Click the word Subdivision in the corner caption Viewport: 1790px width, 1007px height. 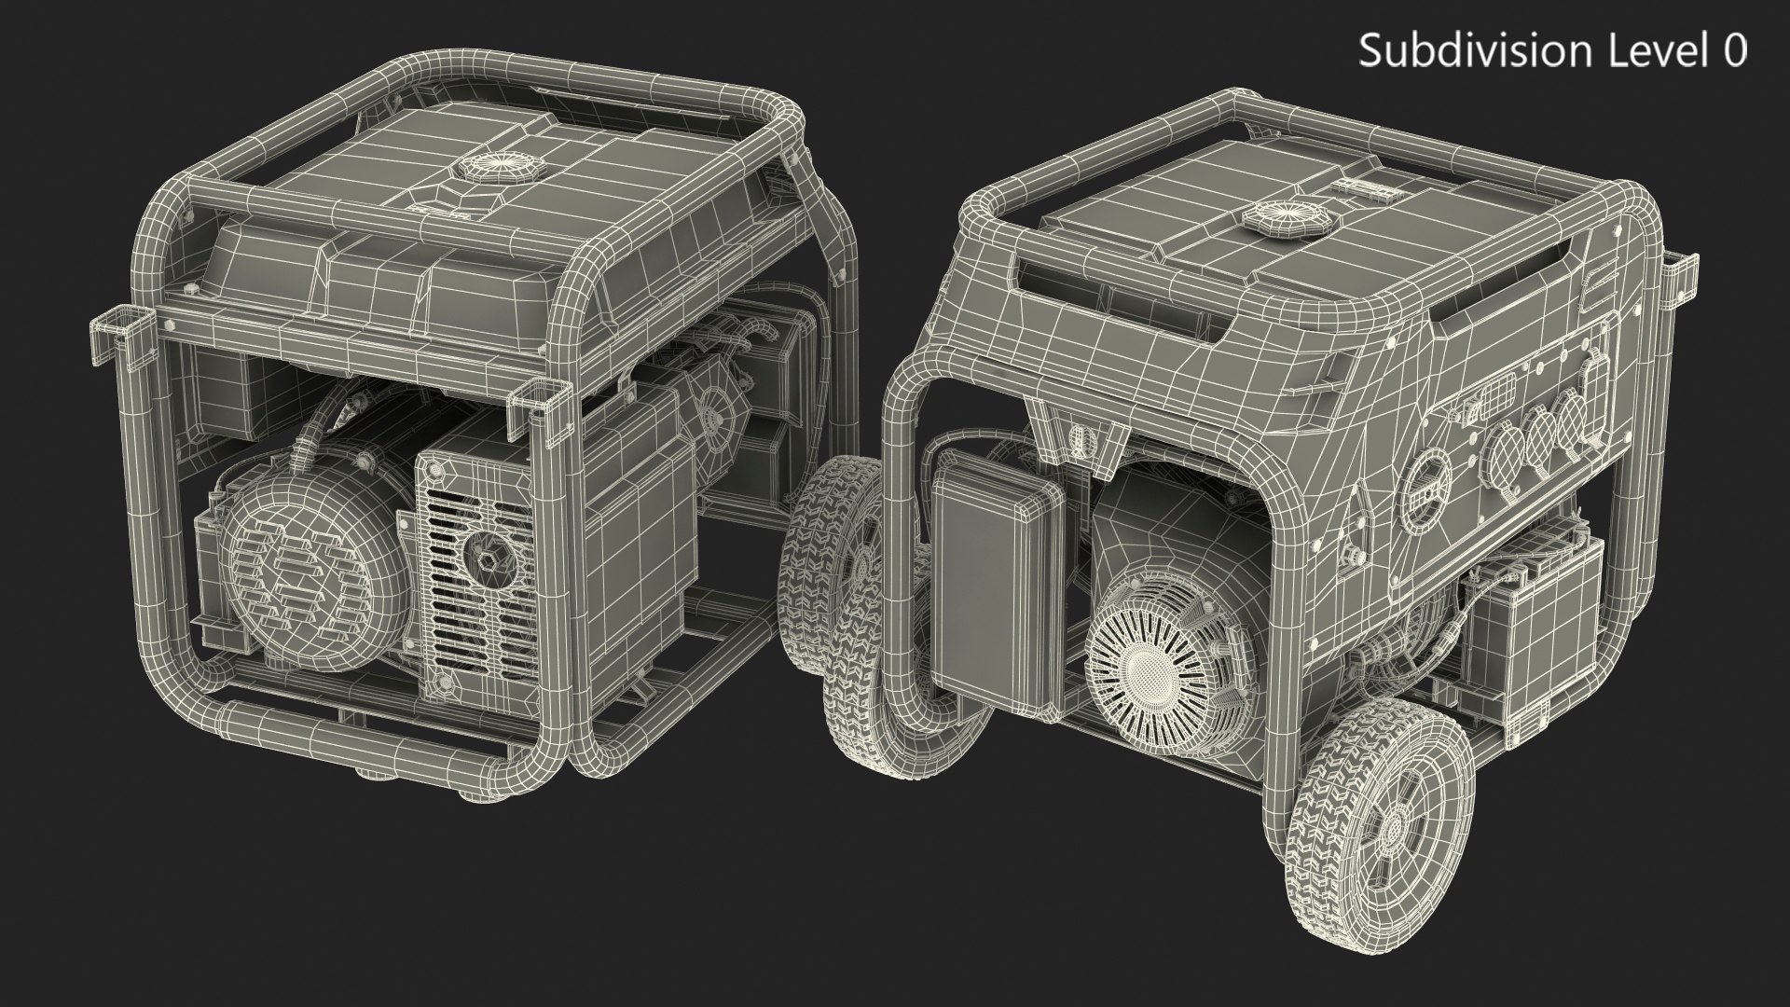(1480, 50)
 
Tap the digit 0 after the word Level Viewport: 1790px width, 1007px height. (1735, 50)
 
